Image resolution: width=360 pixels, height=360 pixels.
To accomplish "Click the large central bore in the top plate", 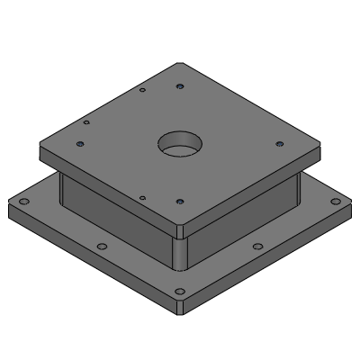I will (181, 143).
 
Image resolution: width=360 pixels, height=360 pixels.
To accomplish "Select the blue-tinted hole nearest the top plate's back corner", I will (181, 86).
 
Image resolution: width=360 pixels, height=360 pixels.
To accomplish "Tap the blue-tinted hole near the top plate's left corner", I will (81, 143).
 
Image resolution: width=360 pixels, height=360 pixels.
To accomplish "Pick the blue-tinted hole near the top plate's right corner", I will (279, 143).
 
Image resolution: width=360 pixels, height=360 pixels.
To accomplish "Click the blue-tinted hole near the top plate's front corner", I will (180, 202).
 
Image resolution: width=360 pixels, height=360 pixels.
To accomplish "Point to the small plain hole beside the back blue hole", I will (143, 90).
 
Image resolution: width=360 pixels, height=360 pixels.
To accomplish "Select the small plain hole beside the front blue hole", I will (142, 197).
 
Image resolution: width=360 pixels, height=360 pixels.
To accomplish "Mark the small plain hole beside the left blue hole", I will (86, 122).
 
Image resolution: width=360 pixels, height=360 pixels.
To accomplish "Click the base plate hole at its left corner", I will (24, 202).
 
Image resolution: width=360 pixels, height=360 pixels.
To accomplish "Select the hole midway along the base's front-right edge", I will (257, 247).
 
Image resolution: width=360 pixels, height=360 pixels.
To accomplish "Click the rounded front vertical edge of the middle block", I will (180, 253).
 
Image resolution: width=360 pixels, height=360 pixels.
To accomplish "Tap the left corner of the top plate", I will (40, 147).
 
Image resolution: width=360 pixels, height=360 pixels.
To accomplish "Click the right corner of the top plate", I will (320, 147).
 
